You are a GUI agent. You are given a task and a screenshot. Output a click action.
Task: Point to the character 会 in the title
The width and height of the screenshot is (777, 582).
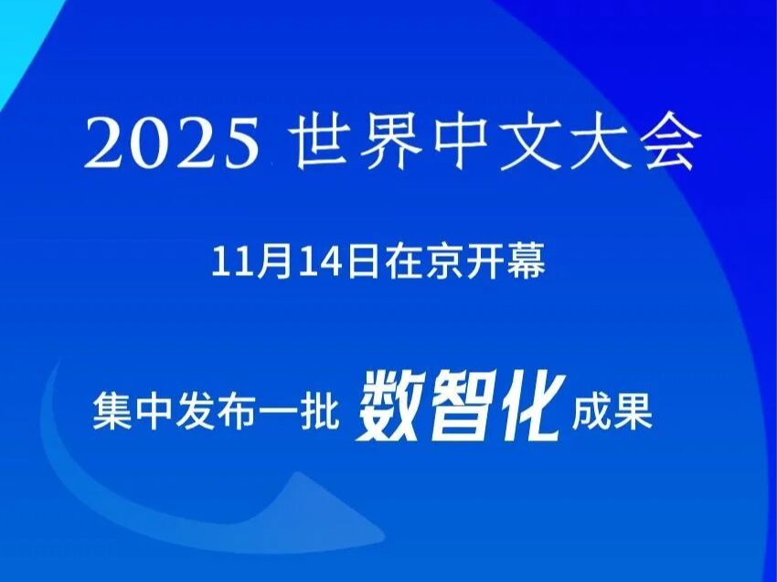pos(669,143)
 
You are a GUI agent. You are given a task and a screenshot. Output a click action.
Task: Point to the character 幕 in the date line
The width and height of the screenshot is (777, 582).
pos(527,261)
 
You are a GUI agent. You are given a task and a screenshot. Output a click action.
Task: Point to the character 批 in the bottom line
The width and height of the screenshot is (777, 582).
pos(321,410)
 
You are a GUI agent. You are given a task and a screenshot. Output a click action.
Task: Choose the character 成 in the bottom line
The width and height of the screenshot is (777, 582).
pos(591,410)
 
